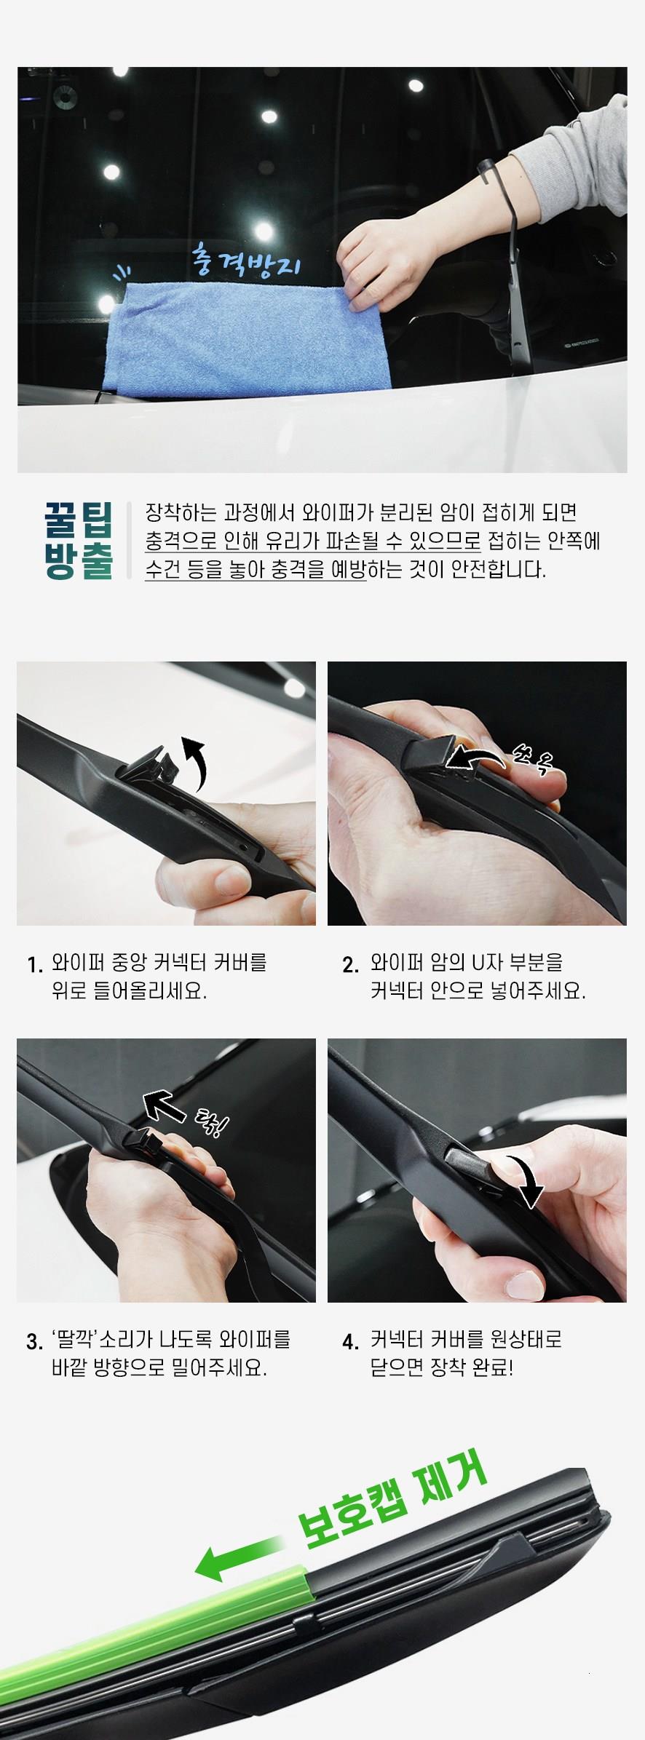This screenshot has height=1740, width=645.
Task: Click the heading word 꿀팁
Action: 79,518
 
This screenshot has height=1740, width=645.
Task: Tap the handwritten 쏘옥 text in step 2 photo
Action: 533,760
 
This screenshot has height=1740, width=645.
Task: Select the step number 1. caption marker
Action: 35,966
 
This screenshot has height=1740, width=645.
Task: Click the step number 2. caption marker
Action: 350,966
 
